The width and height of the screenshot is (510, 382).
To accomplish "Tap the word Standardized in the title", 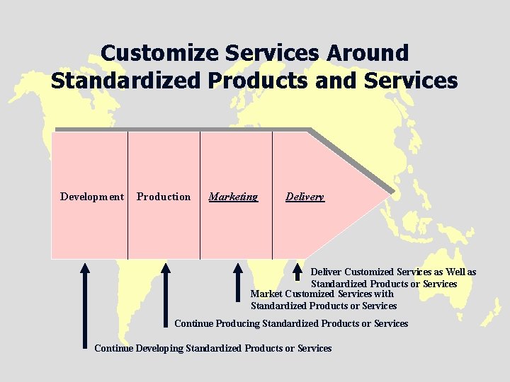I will [x=127, y=81].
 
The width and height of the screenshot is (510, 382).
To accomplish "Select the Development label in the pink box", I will [x=92, y=197].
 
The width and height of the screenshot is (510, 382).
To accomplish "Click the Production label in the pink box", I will [x=164, y=197].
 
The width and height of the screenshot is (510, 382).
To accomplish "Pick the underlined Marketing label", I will [x=233, y=197].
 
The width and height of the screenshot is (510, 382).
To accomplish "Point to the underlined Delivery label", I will [x=305, y=197].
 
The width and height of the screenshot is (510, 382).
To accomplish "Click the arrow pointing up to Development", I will [x=85, y=304].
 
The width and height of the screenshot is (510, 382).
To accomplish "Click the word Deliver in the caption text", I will [x=326, y=272].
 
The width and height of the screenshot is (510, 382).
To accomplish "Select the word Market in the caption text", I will [x=266, y=294].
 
